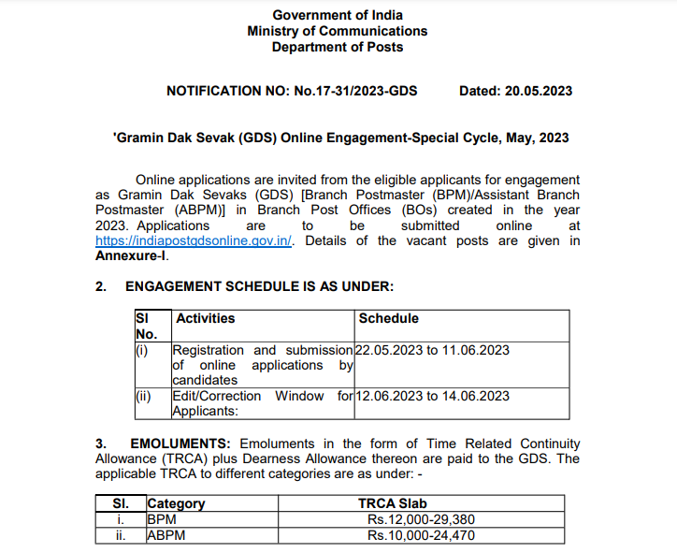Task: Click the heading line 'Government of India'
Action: (338, 15)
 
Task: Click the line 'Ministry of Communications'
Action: (338, 31)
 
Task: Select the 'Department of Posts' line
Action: (338, 47)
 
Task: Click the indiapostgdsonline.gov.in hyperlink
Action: (194, 240)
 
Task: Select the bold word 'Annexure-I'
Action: (131, 255)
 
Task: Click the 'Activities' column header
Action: (206, 318)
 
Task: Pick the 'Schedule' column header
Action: (389, 318)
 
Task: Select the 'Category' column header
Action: (176, 503)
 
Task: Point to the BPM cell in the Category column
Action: (162, 519)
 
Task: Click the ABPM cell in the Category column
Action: (166, 535)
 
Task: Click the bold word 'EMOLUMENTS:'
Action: (183, 443)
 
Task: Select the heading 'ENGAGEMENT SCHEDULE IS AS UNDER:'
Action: (259, 285)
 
